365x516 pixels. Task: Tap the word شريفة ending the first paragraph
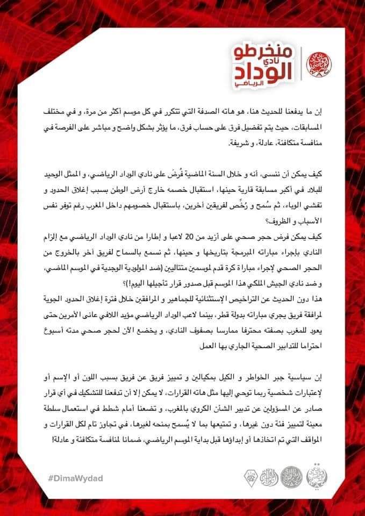(241, 144)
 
